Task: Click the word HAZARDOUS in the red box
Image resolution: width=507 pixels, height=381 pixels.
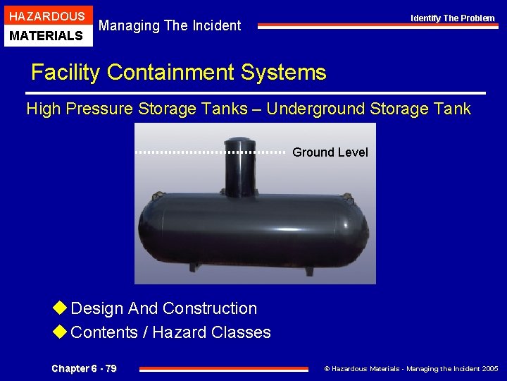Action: coord(46,16)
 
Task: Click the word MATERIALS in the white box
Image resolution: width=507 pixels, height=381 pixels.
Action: coord(46,35)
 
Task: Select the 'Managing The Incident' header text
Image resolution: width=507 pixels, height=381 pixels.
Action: coord(170,26)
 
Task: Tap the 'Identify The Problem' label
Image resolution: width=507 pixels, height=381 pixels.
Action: coord(453,18)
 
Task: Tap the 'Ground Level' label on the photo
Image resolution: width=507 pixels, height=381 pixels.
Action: coord(330,152)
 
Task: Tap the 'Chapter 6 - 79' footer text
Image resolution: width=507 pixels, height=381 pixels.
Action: coord(84,368)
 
